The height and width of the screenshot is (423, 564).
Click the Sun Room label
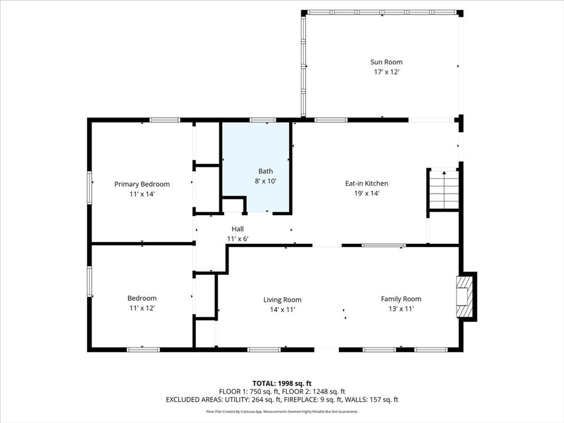[386, 62]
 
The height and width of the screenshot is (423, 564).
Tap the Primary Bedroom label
[142, 184]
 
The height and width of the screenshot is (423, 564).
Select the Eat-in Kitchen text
[366, 183]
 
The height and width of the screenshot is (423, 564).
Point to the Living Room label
[283, 300]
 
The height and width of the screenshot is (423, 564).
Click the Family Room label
[401, 299]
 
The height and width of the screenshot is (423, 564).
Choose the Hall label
[238, 229]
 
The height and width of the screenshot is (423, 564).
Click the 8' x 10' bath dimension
[265, 181]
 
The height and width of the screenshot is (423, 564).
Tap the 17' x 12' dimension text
[387, 72]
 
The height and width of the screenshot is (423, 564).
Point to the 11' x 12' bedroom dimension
[142, 308]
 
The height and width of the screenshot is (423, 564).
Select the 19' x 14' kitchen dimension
[366, 193]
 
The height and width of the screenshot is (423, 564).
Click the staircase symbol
[444, 190]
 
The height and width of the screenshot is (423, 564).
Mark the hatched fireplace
[464, 296]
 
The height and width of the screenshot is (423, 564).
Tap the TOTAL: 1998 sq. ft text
[282, 383]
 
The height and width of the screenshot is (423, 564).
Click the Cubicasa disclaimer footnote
[282, 411]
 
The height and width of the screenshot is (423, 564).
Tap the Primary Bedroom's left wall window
[90, 188]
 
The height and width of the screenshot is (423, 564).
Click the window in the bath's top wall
[263, 120]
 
